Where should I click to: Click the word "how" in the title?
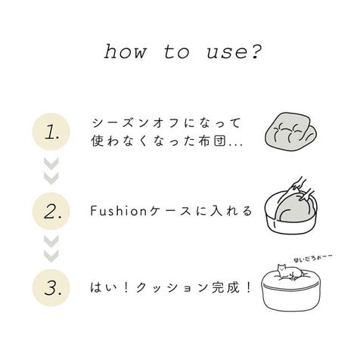(x=125, y=52)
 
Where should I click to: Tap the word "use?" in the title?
(x=234, y=52)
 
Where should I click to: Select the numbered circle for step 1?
(x=51, y=132)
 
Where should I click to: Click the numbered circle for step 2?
(x=51, y=211)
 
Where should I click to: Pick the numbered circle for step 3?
(x=51, y=287)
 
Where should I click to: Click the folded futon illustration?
(x=291, y=131)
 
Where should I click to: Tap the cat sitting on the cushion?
(x=290, y=271)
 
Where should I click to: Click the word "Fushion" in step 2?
(x=118, y=211)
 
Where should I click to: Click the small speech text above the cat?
(x=313, y=259)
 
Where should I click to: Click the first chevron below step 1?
(x=51, y=163)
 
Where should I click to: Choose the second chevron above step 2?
(x=51, y=178)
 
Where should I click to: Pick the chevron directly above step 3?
(x=51, y=256)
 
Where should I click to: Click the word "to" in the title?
(x=176, y=52)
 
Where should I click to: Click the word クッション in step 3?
(x=172, y=287)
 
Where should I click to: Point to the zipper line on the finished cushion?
(x=290, y=288)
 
